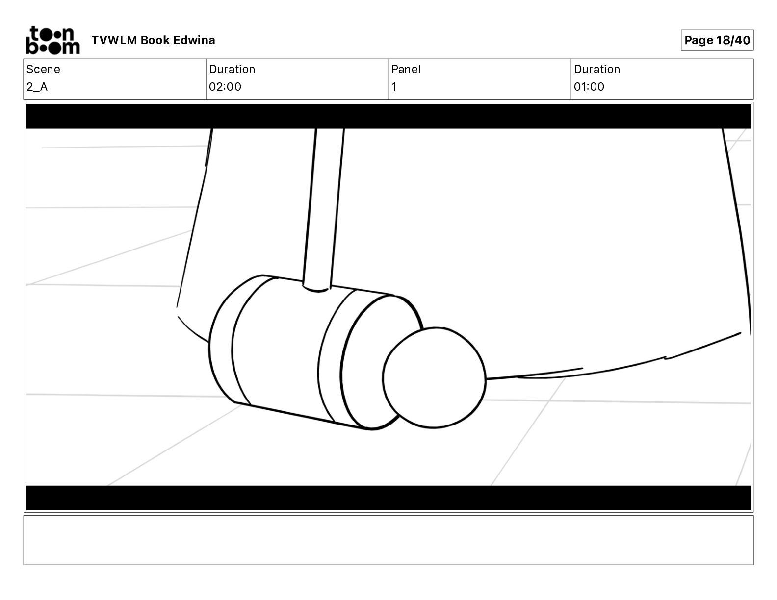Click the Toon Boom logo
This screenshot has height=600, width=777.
coord(53,40)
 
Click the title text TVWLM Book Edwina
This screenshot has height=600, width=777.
coord(153,40)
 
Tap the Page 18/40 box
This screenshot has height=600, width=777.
coord(717,40)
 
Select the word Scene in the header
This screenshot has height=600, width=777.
coord(43,69)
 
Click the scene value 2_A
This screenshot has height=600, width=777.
coord(37,87)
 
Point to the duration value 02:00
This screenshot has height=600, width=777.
coord(225,87)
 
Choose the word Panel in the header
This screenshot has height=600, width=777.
coord(406,69)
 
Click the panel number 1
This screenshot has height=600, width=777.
coord(394,87)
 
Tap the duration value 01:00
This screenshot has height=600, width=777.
coord(589,87)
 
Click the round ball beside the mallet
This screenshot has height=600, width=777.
coord(434,378)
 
